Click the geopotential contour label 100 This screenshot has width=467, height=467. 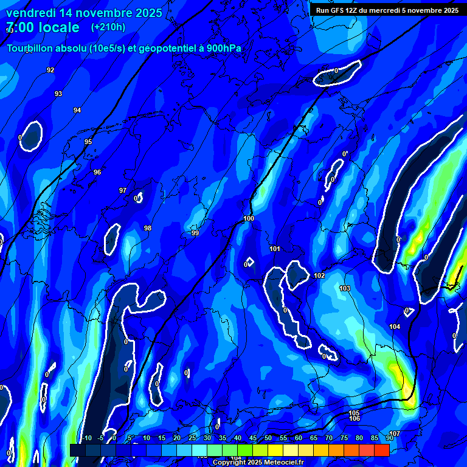click(249, 218)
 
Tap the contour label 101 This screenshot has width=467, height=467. click(275, 249)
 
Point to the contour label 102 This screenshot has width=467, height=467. click(320, 275)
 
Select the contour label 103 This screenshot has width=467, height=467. click(345, 288)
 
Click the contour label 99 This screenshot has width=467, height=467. click(195, 233)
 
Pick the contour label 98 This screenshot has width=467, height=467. click(148, 228)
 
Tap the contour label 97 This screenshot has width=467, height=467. click(123, 190)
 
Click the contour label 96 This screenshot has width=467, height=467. click(97, 172)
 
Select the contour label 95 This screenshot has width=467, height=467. click(88, 142)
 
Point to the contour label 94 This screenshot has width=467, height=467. click(77, 110)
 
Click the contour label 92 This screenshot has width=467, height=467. click(50, 70)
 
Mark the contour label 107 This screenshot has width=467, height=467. click(395, 434)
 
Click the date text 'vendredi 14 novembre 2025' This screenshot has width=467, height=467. click(84, 13)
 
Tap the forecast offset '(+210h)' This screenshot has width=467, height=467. click(108, 27)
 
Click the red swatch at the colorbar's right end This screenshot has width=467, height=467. click(381, 450)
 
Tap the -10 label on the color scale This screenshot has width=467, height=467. click(87, 438)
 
